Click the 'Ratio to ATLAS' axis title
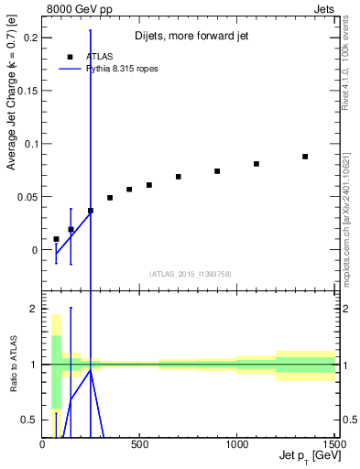[x=12, y=365]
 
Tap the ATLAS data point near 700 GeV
[x=179, y=177]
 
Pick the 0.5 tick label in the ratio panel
[x=29, y=420]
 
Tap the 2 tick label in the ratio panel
[x=33, y=310]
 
